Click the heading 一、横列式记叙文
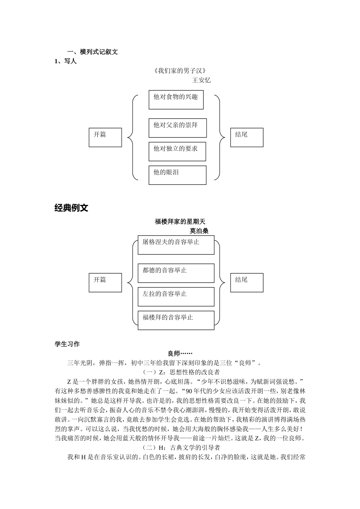coord(92,52)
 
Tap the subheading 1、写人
coord(66,61)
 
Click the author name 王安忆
coord(201,80)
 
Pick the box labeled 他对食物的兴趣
coord(176,100)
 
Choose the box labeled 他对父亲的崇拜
coord(177,128)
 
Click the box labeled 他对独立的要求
coord(177,151)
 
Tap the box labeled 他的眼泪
coord(177,175)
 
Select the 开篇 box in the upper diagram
coord(105,137)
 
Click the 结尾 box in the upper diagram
coord(247,137)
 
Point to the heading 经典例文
coord(71,208)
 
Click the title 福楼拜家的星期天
coord(180,222)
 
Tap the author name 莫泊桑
coord(199,231)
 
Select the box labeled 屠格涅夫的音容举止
coord(176,245)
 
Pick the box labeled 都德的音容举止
coord(176,273)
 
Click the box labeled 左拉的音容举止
coord(176,297)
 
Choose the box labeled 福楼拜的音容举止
coord(176,320)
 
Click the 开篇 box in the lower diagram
coord(105,283)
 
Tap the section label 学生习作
coord(67,344)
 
